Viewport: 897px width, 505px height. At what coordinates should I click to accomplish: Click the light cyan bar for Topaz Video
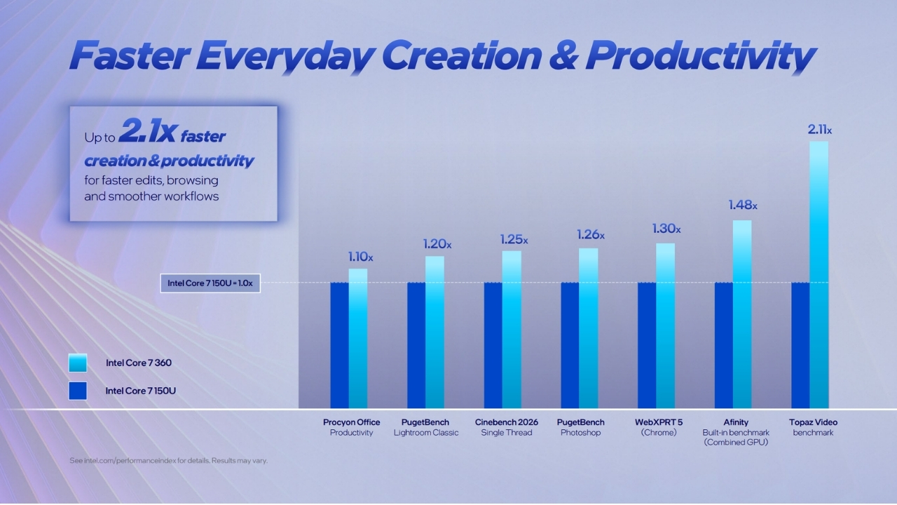point(819,274)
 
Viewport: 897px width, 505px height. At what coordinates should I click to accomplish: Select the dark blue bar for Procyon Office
point(340,346)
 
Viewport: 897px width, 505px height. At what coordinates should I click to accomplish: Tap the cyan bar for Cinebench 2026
point(512,330)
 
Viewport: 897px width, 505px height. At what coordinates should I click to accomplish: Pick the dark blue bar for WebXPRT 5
point(647,346)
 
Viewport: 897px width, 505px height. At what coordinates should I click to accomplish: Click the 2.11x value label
point(820,130)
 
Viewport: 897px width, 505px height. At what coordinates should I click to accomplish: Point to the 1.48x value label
point(743,206)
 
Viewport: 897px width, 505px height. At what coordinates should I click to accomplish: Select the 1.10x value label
point(360,257)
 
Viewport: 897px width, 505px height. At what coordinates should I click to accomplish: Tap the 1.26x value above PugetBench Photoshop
point(591,234)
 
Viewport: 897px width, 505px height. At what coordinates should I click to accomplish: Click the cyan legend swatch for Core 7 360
point(78,363)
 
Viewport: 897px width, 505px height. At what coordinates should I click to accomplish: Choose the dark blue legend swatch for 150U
point(78,391)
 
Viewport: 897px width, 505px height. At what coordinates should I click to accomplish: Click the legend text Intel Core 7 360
point(139,363)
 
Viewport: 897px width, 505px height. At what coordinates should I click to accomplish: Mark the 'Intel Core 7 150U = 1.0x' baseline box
point(210,283)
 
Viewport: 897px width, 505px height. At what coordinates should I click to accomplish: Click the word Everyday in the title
point(285,56)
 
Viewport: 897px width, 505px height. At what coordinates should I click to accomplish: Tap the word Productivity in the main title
point(701,56)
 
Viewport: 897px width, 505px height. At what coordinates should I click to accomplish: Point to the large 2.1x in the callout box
point(147,130)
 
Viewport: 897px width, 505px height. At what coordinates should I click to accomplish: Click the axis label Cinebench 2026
point(507,422)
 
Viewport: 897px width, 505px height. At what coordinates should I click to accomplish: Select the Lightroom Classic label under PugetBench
point(426,433)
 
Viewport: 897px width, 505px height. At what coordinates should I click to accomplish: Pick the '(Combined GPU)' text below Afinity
point(736,443)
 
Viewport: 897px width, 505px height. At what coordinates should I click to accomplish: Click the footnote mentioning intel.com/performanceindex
point(169,461)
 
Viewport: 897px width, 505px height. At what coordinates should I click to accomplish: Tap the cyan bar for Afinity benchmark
point(742,314)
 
